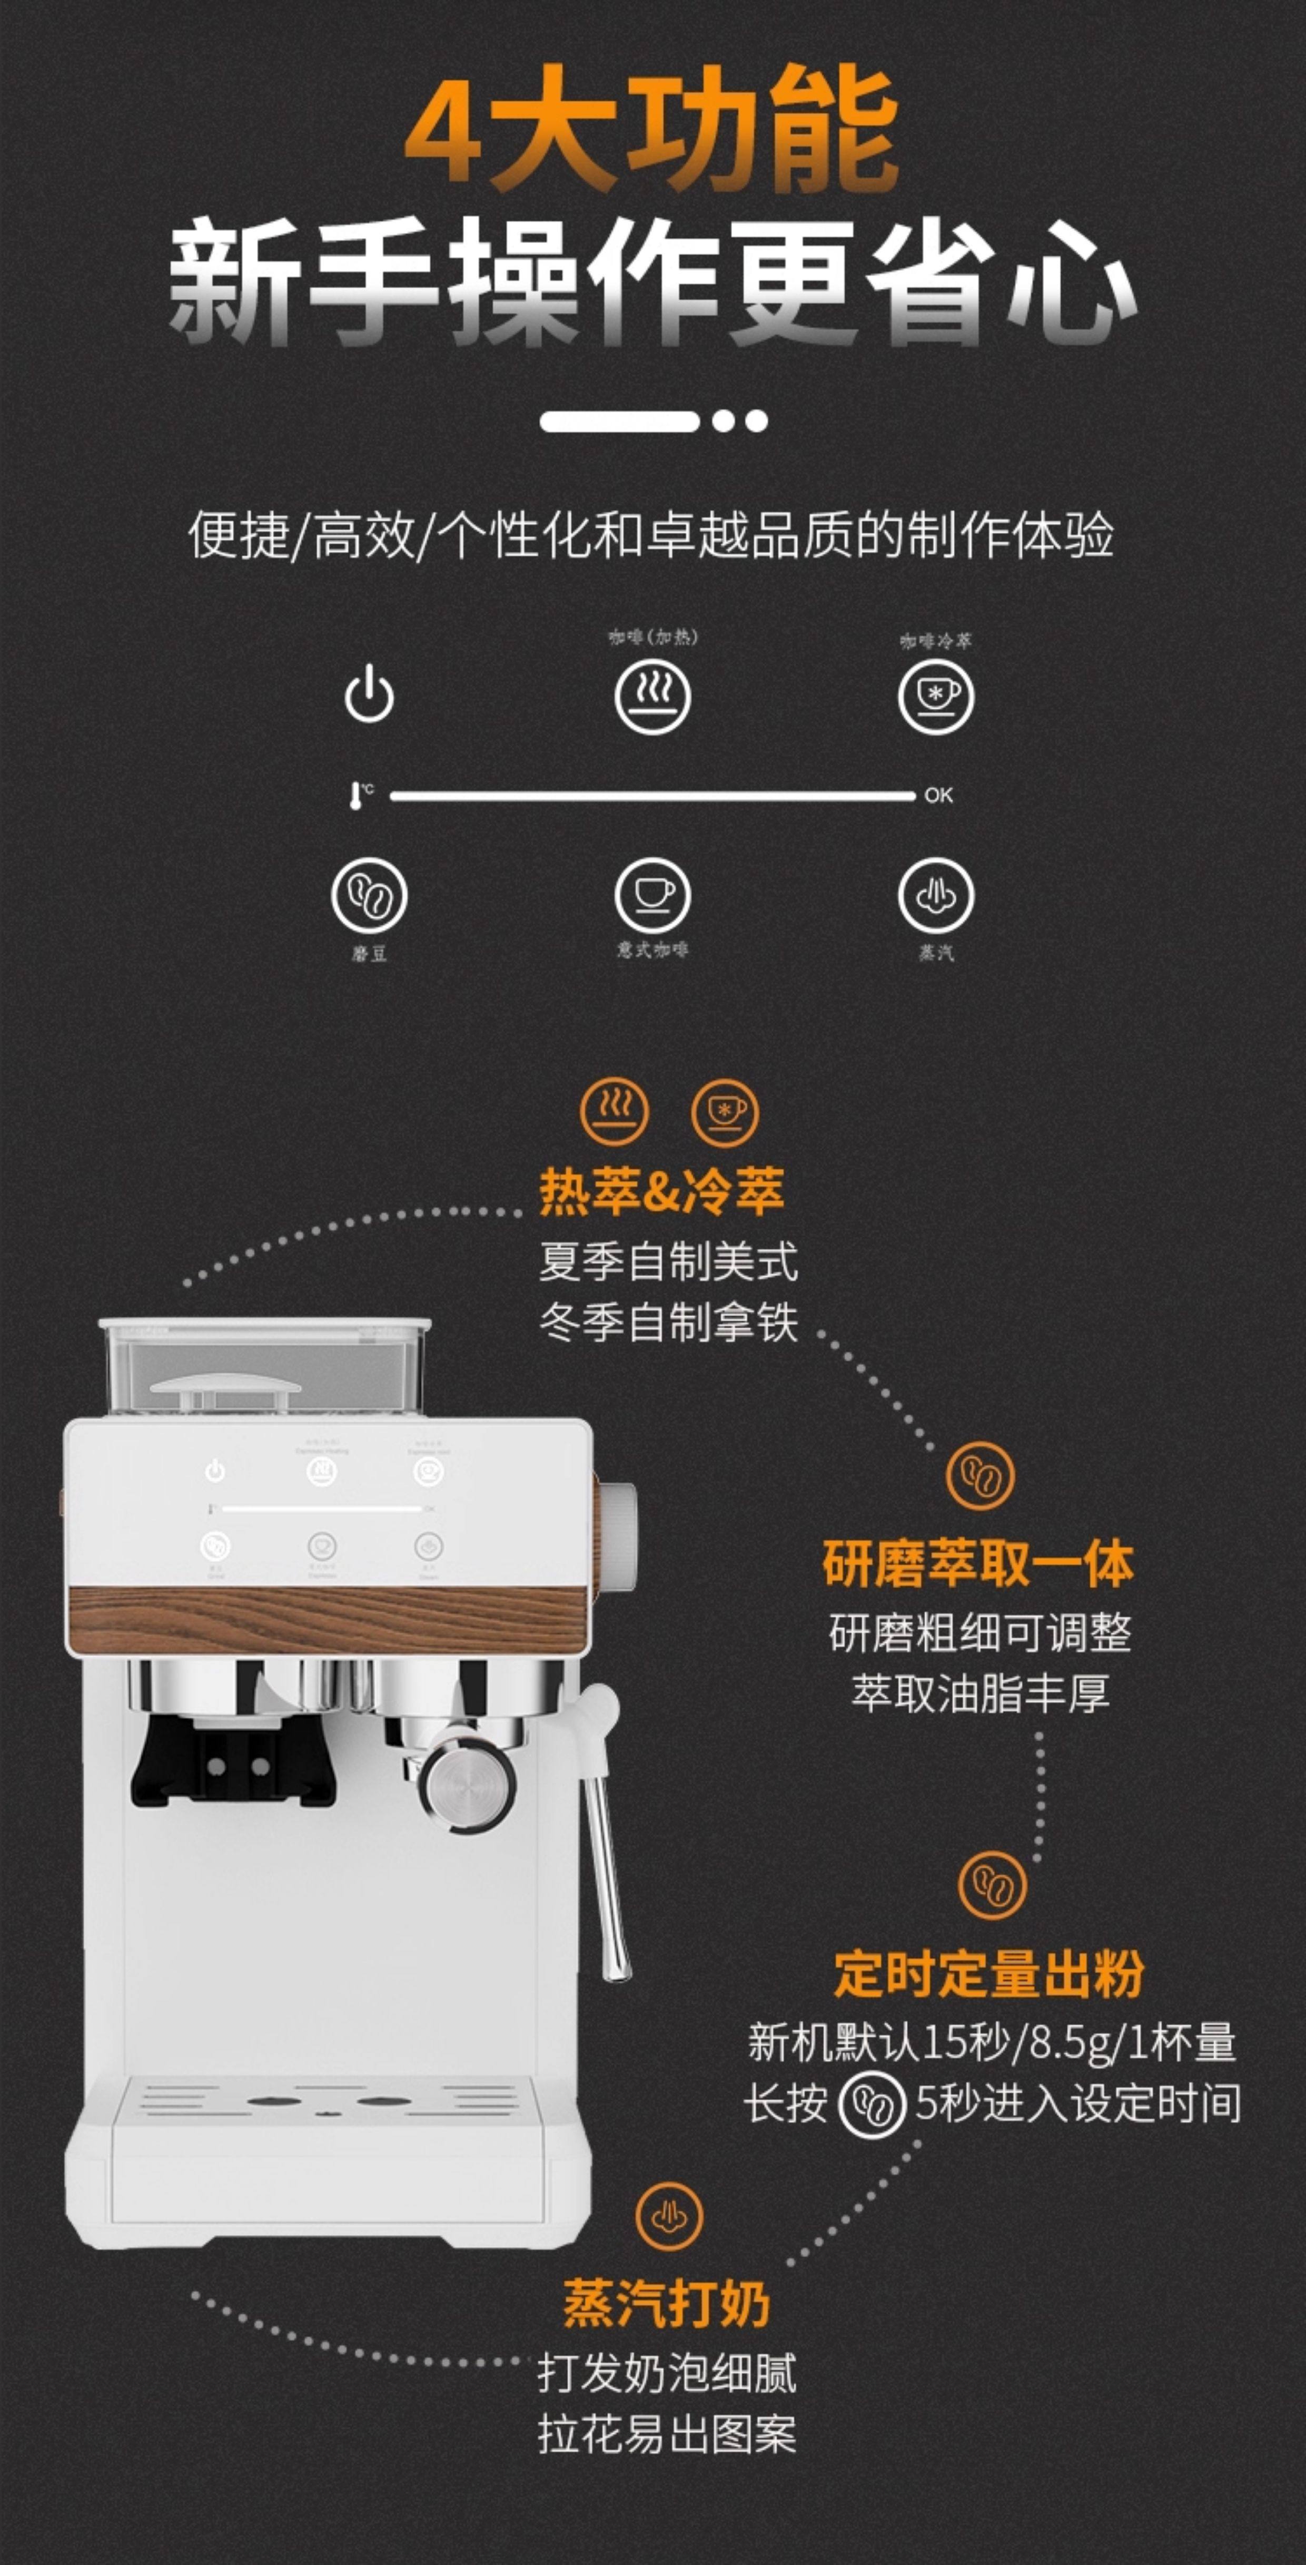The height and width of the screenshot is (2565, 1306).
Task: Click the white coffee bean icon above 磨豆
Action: click(x=369, y=895)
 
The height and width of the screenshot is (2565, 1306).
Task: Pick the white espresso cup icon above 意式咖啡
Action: click(x=652, y=895)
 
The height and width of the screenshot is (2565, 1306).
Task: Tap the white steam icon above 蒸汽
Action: click(x=936, y=895)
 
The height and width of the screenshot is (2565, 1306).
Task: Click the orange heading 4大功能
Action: click(x=652, y=130)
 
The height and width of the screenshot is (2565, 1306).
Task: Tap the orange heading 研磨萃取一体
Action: click(x=977, y=1563)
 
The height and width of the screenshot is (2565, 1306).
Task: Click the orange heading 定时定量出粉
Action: click(x=988, y=1973)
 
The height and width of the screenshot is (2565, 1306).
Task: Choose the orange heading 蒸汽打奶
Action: click(x=666, y=2303)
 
